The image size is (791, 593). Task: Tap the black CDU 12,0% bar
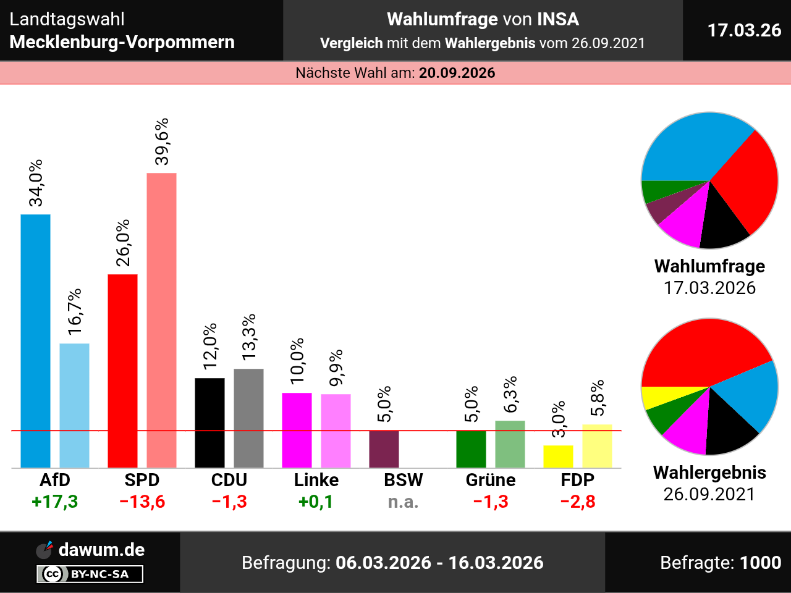[209, 423]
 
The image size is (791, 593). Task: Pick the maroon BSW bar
[384, 449]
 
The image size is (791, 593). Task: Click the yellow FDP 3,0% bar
[558, 456]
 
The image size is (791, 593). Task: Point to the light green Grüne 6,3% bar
[510, 444]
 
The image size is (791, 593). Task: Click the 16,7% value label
[75, 312]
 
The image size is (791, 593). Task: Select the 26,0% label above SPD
[123, 243]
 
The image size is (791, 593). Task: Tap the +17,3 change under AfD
[55, 502]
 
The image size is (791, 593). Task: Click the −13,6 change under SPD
[142, 502]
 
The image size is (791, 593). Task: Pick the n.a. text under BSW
[403, 502]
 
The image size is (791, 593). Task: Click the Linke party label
[316, 480]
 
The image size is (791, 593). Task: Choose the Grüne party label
[491, 480]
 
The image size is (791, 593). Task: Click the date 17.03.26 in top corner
[744, 30]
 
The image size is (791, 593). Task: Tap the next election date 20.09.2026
[457, 73]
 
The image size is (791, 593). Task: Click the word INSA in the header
[557, 20]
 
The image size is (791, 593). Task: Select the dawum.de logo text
[101, 550]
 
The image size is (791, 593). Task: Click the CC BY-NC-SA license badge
[90, 574]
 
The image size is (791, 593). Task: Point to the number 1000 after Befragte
[760, 563]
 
